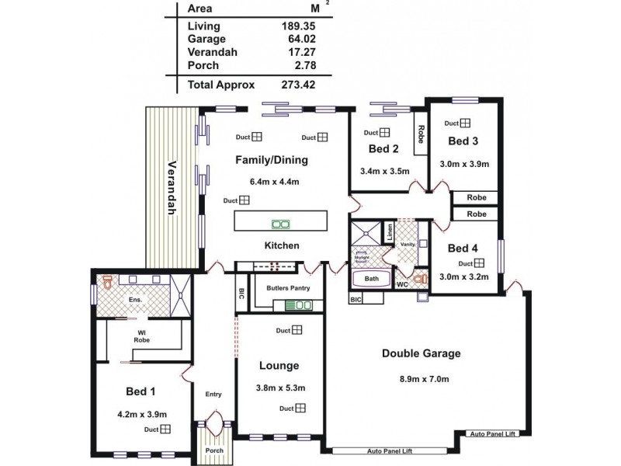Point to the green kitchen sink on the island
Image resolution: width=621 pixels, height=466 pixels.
280,225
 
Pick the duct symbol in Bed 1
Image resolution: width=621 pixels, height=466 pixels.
166,429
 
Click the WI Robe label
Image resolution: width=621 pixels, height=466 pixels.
141,336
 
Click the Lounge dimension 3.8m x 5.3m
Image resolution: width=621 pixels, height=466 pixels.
279,388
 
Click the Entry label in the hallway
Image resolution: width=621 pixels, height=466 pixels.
213,395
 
